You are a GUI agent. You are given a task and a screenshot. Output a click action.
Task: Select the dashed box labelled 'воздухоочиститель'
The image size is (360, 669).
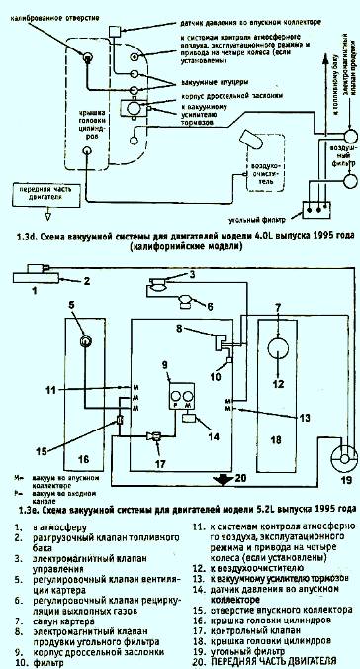point(261,180)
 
